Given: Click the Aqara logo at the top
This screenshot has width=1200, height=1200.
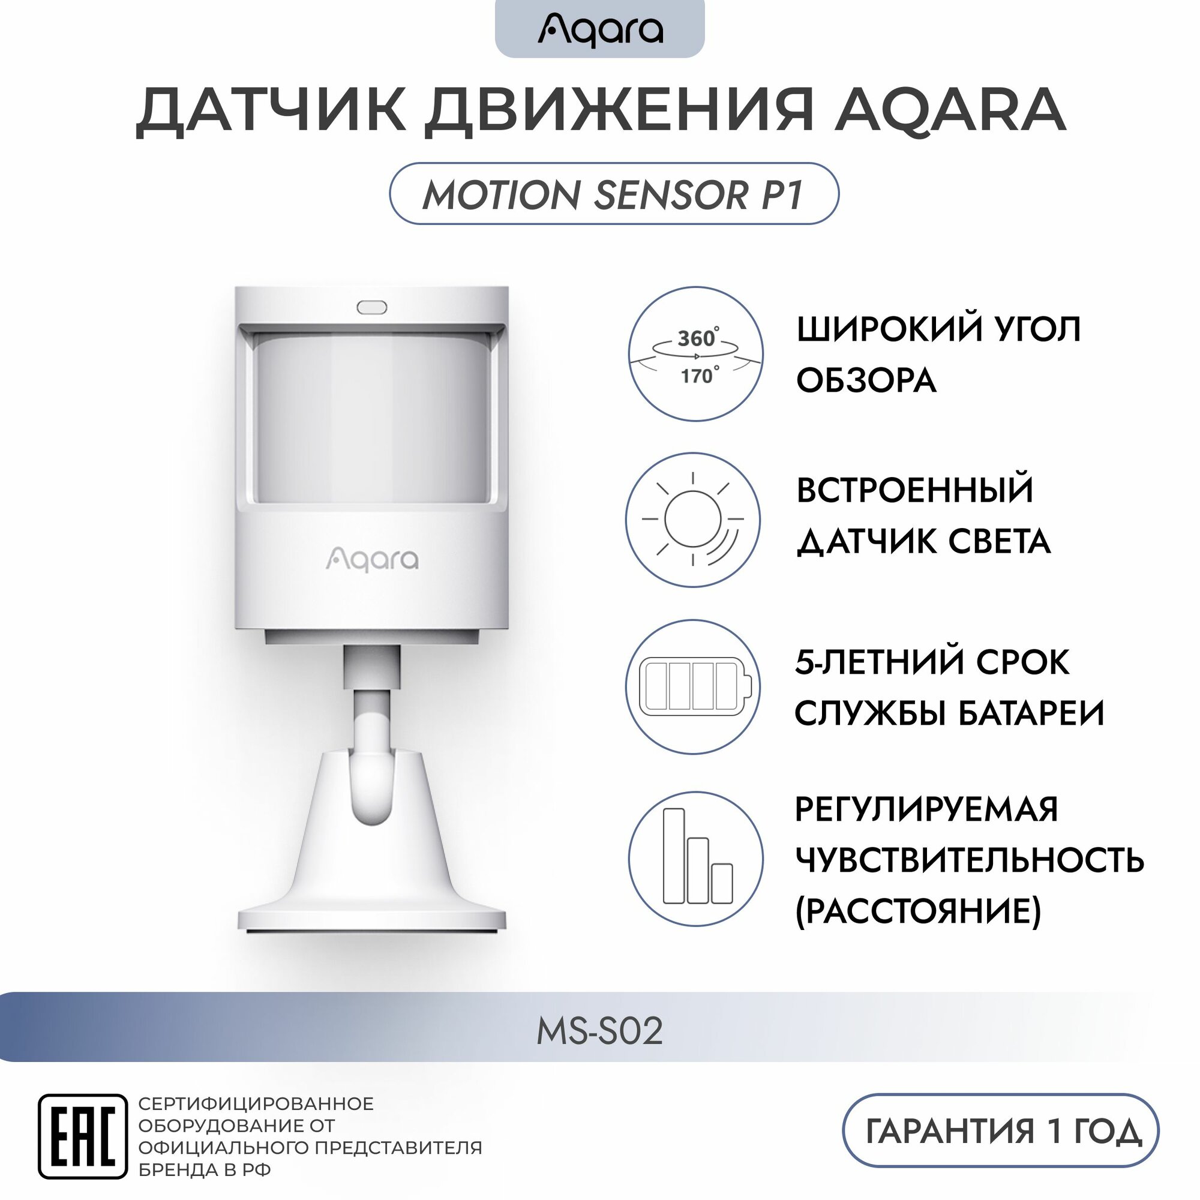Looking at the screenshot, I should tap(600, 29).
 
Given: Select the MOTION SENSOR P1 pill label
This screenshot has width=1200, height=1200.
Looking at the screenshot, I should tap(614, 194).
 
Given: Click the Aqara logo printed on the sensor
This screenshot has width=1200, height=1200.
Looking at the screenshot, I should tap(372, 559).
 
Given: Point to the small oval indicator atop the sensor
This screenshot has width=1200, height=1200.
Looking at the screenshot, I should tap(371, 307).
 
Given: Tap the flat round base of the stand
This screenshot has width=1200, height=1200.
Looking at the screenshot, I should tap(371, 918).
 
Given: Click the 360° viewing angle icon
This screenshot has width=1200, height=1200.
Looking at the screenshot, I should tap(695, 354).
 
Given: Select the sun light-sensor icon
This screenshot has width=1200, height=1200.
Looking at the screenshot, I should tap(693, 519).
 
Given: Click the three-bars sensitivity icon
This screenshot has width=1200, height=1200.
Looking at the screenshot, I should tap(695, 859).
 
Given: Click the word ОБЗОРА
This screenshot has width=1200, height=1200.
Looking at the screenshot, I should tap(866, 380).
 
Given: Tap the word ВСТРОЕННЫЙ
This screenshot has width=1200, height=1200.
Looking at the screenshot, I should tap(915, 490).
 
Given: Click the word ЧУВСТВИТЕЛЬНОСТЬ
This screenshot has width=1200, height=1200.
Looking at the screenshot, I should tap(970, 860).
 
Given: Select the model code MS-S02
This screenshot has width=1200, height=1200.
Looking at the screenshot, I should tap(599, 1031).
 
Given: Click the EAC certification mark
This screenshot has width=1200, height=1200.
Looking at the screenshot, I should tap(82, 1136).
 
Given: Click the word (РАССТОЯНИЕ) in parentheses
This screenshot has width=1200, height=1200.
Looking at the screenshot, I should tap(918, 911).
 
